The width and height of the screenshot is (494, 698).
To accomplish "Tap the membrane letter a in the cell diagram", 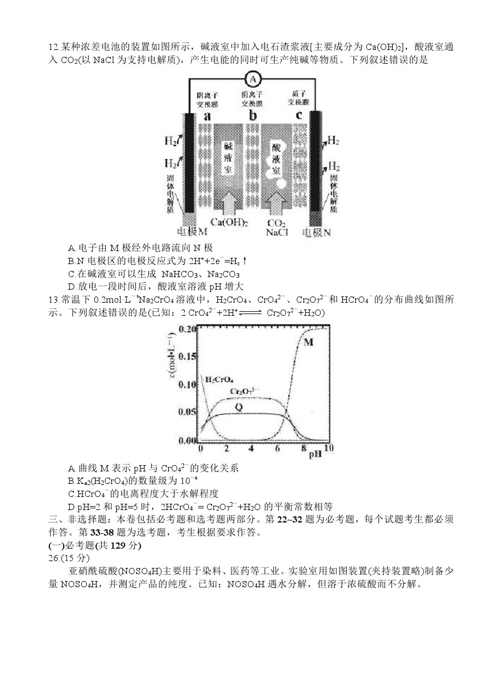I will coord(207,116).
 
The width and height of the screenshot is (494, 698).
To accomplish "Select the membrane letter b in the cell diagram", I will coord(253,116).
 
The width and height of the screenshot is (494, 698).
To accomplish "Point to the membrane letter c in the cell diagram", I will coord(298,116).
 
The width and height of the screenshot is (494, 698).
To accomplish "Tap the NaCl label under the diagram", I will coord(277,232).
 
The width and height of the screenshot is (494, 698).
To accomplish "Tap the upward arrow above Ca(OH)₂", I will coord(229,203).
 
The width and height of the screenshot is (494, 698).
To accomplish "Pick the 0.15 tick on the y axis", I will coord(188,357).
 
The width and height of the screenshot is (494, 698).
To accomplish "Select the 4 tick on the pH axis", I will coord(251,449).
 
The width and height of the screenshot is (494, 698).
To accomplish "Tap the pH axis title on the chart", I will coord(316,454).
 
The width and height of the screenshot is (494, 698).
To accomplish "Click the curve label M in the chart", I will coord(309,342).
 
